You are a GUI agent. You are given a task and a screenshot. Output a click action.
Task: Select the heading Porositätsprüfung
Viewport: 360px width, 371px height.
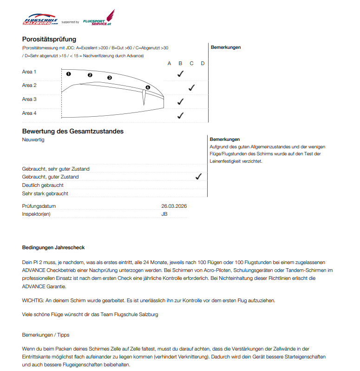pyautogui.click(x=49, y=39)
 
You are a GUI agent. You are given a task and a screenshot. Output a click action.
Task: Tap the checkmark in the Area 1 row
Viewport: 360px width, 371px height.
pyautogui.click(x=181, y=73)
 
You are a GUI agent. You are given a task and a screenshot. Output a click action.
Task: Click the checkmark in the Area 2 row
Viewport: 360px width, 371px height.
pyautogui.click(x=191, y=87)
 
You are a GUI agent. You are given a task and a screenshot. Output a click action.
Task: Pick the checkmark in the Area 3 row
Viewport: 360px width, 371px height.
pyautogui.click(x=181, y=101)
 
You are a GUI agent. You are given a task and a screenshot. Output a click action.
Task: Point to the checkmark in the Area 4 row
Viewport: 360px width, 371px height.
pyautogui.click(x=181, y=115)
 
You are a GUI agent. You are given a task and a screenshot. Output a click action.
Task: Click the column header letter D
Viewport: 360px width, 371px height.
pyautogui.click(x=203, y=63)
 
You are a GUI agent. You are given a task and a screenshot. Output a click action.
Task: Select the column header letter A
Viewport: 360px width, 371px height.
pyautogui.click(x=170, y=63)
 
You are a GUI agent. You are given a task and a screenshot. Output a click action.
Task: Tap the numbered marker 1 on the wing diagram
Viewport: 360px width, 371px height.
pyautogui.click(x=68, y=73)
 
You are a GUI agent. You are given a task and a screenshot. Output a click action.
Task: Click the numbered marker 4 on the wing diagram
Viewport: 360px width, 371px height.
pyautogui.click(x=148, y=87)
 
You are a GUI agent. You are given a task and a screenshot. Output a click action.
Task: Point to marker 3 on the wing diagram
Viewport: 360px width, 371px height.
pyautogui.click(x=110, y=78)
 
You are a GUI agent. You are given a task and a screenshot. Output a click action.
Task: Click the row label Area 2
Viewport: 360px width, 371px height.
pyautogui.click(x=29, y=86)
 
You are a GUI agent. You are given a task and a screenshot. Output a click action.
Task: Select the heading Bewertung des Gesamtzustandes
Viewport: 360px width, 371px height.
pyautogui.click(x=72, y=131)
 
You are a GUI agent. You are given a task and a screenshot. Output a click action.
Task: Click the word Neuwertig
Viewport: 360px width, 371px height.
pyautogui.click(x=33, y=139)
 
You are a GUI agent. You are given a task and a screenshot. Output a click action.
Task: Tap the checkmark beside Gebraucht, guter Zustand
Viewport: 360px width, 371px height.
pyautogui.click(x=198, y=177)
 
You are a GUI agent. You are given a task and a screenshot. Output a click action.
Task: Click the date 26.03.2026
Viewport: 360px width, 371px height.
pyautogui.click(x=174, y=206)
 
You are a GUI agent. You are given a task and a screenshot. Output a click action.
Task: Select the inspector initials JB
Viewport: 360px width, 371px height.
pyautogui.click(x=164, y=214)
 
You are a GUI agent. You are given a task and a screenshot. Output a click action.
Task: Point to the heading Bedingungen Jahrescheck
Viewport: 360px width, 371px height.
pyautogui.click(x=53, y=247)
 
